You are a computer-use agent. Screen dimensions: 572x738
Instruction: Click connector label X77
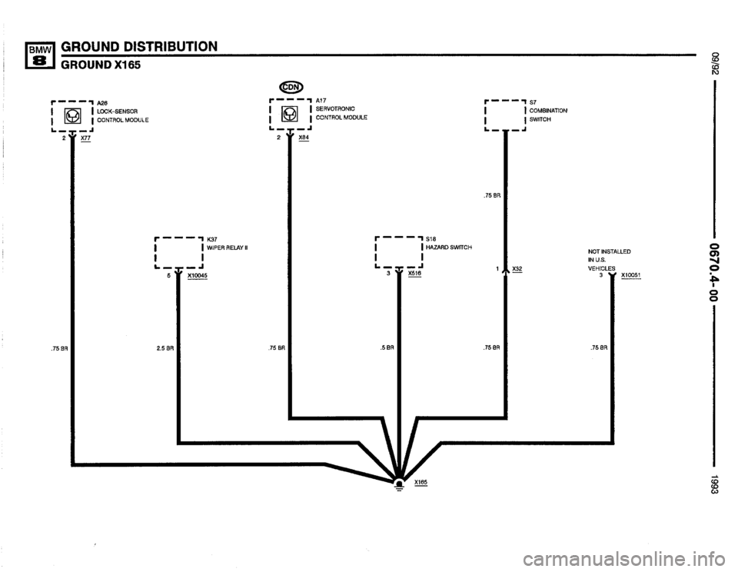85,141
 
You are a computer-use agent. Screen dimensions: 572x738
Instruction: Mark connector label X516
415,272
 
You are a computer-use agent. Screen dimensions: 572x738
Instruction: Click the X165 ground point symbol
399,483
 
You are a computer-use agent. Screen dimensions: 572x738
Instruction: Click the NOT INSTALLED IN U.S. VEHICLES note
609,260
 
